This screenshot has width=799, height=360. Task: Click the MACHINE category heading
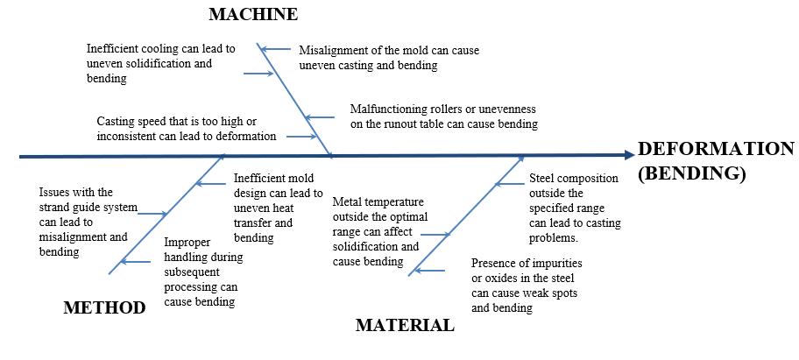[x=253, y=14]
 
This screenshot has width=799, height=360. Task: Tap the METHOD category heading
[x=104, y=307]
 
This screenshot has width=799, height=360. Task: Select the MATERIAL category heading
[x=405, y=326]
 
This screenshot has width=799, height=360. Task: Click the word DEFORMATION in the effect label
[x=716, y=149]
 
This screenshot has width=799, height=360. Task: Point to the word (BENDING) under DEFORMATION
[x=692, y=173]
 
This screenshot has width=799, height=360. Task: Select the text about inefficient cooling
[x=160, y=64]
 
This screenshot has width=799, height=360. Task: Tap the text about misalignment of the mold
[x=389, y=58]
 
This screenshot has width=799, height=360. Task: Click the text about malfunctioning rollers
[x=443, y=116]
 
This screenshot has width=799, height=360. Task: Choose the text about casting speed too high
[x=187, y=129]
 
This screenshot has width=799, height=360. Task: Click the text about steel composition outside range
[x=575, y=208]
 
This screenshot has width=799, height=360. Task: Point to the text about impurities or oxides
[x=527, y=286]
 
